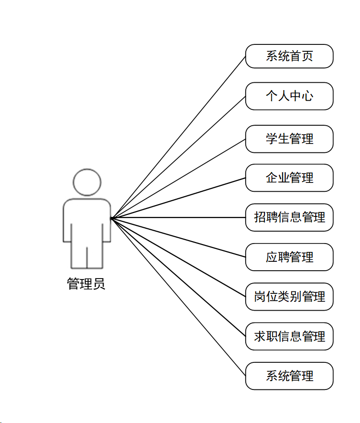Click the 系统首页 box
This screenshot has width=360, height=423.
(289, 56)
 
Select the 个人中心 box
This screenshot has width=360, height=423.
(289, 96)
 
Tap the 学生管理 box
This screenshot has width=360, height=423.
(289, 139)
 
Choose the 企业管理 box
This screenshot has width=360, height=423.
(289, 177)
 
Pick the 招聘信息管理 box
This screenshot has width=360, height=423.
(289, 217)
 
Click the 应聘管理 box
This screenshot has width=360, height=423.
(289, 257)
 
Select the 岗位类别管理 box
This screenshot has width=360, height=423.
(289, 297)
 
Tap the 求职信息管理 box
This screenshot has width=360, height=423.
(289, 337)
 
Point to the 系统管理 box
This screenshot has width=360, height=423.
(289, 376)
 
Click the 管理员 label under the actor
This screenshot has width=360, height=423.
(86, 284)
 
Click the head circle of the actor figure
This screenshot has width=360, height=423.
(87, 182)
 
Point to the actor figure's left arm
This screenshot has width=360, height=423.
(67, 222)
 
